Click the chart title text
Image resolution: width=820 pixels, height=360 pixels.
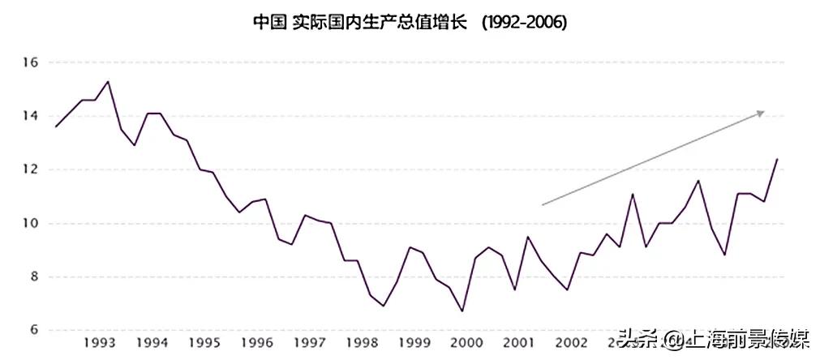(x=410, y=22)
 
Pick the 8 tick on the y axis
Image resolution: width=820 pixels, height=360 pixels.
(x=34, y=276)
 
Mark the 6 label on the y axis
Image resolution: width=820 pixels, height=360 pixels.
(x=34, y=330)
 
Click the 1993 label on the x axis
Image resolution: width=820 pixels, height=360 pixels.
(x=98, y=343)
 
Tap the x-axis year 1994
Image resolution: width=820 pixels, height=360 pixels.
(x=152, y=343)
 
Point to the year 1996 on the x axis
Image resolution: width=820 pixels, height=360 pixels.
(x=256, y=343)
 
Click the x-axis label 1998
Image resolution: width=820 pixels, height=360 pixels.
(x=362, y=343)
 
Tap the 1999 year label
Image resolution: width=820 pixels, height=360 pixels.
(x=414, y=343)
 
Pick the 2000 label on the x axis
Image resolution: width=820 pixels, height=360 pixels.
(x=467, y=343)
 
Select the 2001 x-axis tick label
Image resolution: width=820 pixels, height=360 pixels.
(x=520, y=343)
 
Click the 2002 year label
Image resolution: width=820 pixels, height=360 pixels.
(x=572, y=343)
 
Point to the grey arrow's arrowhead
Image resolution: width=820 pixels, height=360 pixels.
(x=761, y=113)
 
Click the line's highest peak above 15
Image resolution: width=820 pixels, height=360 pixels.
(x=108, y=81)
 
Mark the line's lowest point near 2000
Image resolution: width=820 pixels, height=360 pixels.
(x=462, y=311)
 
